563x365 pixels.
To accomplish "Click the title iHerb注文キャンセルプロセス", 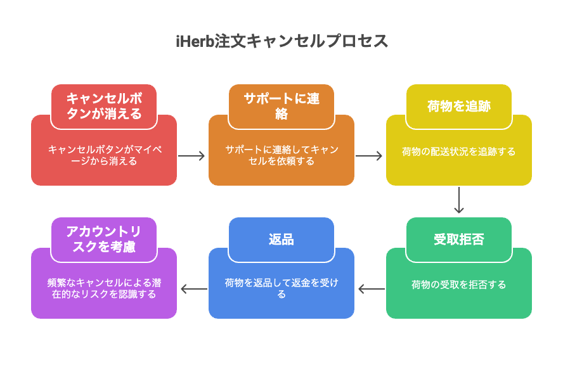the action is [x=282, y=41].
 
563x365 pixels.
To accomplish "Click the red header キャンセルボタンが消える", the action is [x=104, y=106].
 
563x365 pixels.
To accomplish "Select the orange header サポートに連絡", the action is [x=281, y=106].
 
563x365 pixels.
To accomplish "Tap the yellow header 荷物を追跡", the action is [x=459, y=106].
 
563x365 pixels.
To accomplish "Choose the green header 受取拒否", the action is [x=459, y=240].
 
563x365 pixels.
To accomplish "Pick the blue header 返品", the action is [x=281, y=240].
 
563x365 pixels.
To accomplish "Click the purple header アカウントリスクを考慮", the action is [x=104, y=240].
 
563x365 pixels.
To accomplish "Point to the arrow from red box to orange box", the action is [x=191, y=156].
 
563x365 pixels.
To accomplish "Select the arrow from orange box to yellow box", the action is [x=369, y=156].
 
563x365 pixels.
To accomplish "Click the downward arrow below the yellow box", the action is [x=459, y=200].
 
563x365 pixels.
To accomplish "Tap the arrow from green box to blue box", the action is [x=372, y=289].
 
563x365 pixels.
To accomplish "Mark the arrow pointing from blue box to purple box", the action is [x=194, y=289].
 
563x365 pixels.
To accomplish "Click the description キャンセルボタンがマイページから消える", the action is [x=104, y=155].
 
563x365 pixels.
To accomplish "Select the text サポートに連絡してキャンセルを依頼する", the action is [x=281, y=155].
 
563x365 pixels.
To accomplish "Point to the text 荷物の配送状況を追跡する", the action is [x=459, y=151].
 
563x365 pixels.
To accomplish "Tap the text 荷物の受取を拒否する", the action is [x=459, y=285].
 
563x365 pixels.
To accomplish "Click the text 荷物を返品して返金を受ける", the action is [x=281, y=288].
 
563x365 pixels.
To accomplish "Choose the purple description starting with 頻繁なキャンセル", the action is [x=104, y=288].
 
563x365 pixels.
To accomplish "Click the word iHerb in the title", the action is [x=195, y=41].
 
